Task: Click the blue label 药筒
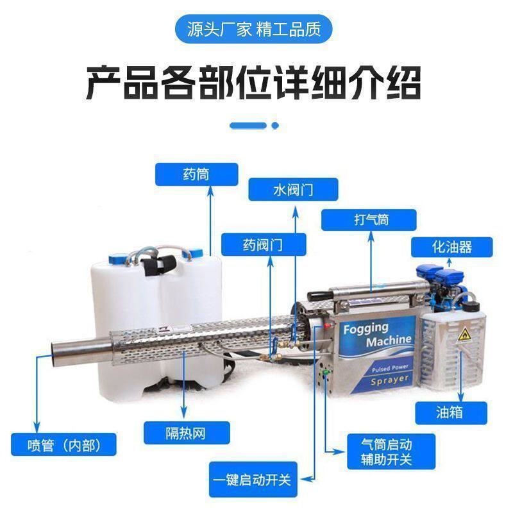coord(196,174)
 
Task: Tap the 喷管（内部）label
coord(65,444)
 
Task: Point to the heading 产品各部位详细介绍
coord(254,82)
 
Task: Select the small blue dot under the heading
coord(275,126)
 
